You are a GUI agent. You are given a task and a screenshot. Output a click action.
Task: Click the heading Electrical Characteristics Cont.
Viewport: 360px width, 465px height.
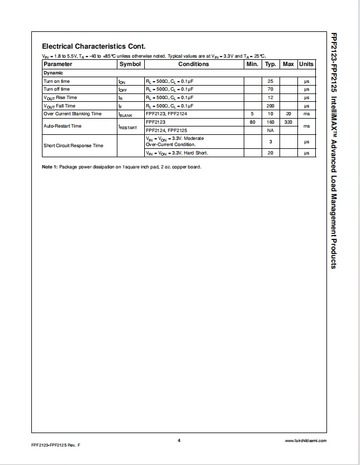(93, 46)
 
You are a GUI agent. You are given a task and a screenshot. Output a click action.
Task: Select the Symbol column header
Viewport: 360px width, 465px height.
(130, 64)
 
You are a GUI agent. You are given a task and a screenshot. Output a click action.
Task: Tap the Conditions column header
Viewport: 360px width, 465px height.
(193, 64)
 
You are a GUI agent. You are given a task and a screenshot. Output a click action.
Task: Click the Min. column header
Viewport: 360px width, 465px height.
(252, 64)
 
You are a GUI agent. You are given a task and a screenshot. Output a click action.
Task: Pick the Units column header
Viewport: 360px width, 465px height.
(306, 64)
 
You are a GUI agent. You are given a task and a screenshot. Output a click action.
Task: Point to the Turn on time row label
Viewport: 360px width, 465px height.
(57, 81)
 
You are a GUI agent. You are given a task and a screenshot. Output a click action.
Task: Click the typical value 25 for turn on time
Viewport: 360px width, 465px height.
(271, 81)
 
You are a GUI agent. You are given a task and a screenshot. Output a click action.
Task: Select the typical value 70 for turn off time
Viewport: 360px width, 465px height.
(271, 90)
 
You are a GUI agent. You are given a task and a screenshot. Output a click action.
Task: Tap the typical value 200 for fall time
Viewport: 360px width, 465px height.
(271, 106)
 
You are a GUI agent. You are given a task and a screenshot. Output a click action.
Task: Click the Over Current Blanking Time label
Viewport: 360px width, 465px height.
(73, 114)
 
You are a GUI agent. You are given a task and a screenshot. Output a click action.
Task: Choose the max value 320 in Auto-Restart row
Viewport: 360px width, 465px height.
(288, 122)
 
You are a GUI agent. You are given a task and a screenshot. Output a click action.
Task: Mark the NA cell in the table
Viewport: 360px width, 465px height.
(271, 130)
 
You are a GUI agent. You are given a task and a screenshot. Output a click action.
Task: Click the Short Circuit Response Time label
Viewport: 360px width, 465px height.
(73, 145)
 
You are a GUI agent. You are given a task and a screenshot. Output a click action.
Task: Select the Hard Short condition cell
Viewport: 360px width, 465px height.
(173, 153)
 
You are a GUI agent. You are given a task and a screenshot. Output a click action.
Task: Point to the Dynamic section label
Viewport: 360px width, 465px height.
(54, 73)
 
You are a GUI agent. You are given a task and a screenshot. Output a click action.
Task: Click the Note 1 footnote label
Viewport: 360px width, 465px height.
(50, 167)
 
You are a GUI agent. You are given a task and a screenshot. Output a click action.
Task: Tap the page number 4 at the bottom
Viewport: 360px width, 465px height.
(179, 440)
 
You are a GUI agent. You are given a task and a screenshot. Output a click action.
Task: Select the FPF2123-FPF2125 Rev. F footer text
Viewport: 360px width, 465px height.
(56, 444)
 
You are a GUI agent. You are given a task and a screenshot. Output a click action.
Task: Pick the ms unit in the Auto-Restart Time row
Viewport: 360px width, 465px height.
(306, 126)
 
